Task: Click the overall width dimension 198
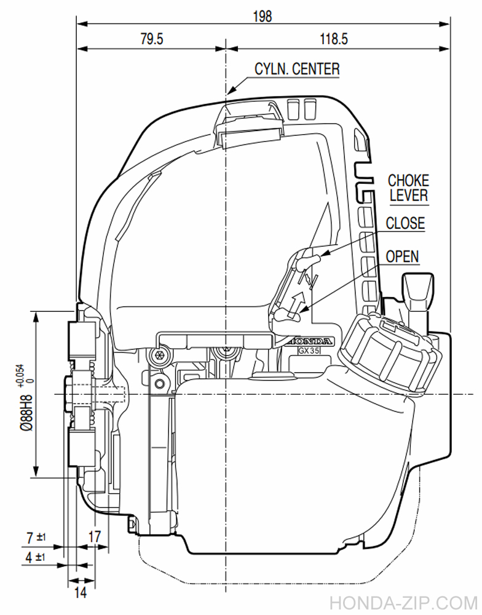[x=262, y=17]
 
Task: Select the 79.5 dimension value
[x=151, y=39]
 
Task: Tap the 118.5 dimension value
[x=334, y=39]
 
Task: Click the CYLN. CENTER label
[x=297, y=69]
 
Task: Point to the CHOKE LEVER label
[x=409, y=188]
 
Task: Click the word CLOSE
[x=405, y=223]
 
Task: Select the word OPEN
[x=403, y=256]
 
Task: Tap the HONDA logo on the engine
[x=310, y=341]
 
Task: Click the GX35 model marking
[x=309, y=351]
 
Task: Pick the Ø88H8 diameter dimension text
[x=26, y=412]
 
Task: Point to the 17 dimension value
[x=95, y=536]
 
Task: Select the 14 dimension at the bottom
[x=80, y=593]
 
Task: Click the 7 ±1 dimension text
[x=36, y=538]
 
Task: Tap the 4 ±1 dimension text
[x=35, y=557]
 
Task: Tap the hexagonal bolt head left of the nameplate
[x=159, y=355]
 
